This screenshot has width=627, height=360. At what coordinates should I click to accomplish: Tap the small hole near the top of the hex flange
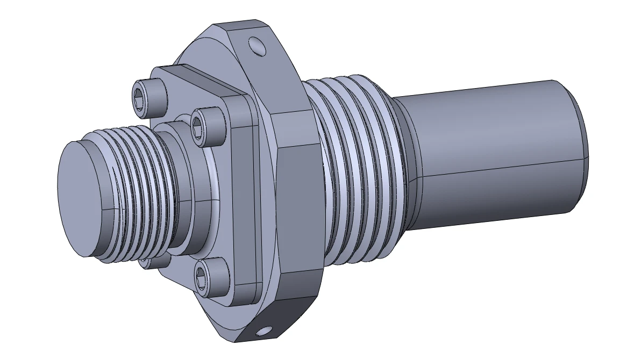pos(258,47)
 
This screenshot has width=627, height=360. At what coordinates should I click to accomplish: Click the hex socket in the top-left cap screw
pos(139,98)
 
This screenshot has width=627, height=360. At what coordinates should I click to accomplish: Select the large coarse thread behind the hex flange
pos(355,172)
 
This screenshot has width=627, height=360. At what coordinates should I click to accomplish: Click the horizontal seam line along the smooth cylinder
pos(500,166)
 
